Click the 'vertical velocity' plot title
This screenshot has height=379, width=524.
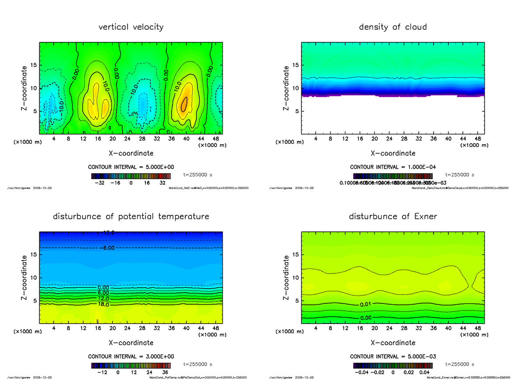(x=131, y=27)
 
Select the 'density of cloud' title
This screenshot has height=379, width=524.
(x=393, y=27)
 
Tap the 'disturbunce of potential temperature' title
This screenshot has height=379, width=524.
(x=131, y=217)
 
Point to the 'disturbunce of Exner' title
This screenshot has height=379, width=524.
(x=393, y=217)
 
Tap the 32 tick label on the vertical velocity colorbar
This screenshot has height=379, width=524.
(x=162, y=183)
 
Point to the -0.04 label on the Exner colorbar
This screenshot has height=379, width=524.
(x=363, y=372)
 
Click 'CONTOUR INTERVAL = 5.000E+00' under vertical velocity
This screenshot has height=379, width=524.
(x=131, y=167)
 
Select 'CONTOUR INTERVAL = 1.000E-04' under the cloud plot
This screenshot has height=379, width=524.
(x=393, y=167)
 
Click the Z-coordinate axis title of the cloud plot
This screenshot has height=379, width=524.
(x=286, y=88)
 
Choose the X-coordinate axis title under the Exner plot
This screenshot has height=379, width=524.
(x=393, y=343)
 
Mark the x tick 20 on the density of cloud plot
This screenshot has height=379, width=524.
(x=374, y=139)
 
